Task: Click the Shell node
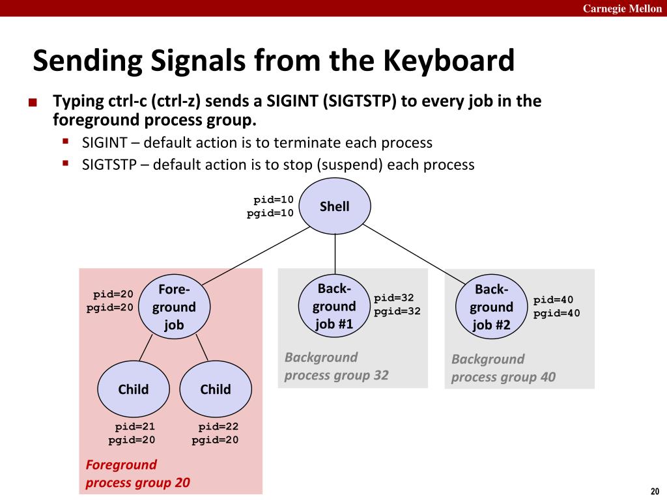(335, 206)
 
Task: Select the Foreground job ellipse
(174, 307)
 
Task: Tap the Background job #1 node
(335, 306)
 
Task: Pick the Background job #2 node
(491, 307)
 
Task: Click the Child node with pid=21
(134, 389)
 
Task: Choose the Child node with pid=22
(216, 389)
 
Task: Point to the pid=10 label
(274, 200)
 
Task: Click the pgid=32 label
(397, 311)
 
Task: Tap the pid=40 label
(553, 300)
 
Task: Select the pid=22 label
(218, 427)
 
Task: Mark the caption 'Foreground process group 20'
(137, 474)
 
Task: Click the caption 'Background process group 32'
(336, 366)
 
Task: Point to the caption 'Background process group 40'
(503, 368)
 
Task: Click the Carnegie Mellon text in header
(622, 8)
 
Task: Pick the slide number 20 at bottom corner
(654, 491)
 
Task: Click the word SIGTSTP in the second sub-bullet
(109, 165)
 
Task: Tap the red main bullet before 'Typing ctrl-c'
(33, 103)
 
